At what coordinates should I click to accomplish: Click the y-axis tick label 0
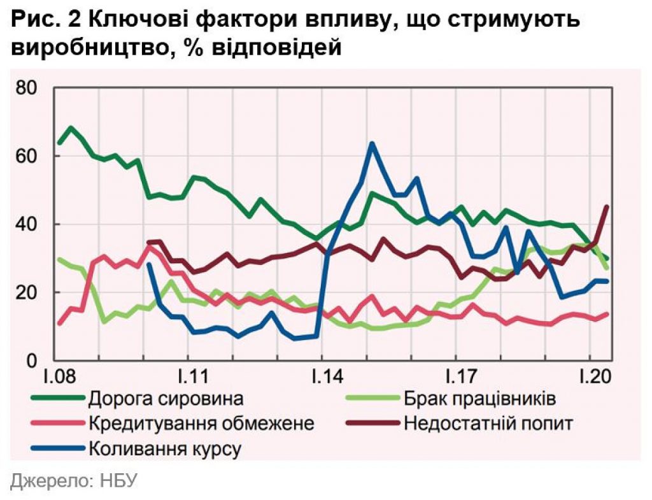pyautogui.click(x=35, y=361)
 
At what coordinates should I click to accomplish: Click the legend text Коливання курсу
pyautogui.click(x=165, y=448)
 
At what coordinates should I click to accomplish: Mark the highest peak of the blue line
pyautogui.click(x=372, y=143)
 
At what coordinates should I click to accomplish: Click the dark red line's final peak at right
pyautogui.click(x=606, y=206)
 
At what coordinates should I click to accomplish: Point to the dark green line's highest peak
pyautogui.click(x=70, y=127)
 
